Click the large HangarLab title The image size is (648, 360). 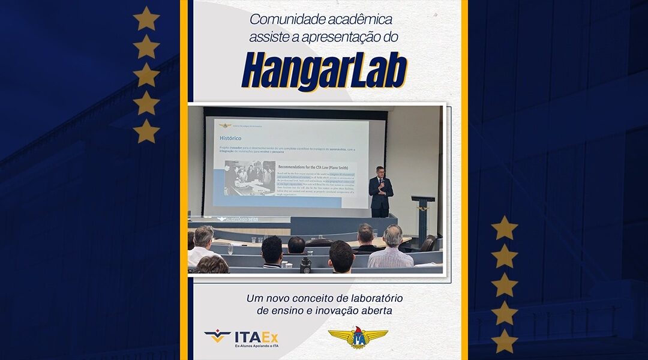pos(324,71)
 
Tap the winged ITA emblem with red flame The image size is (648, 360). pos(358,338)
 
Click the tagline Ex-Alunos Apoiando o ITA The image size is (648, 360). pos(256,347)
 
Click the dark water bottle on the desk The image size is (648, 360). pos(306,265)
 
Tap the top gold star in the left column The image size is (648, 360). pos(146,19)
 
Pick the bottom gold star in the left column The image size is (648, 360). pos(146,131)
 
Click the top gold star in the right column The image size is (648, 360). pos(505,229)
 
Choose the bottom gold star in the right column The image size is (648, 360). pos(505,341)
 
